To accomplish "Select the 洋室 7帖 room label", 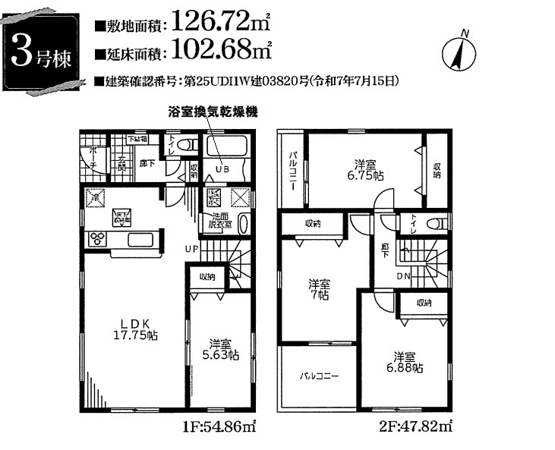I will [318, 290].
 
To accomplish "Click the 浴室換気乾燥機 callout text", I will [213, 111].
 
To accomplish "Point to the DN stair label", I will [405, 276].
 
